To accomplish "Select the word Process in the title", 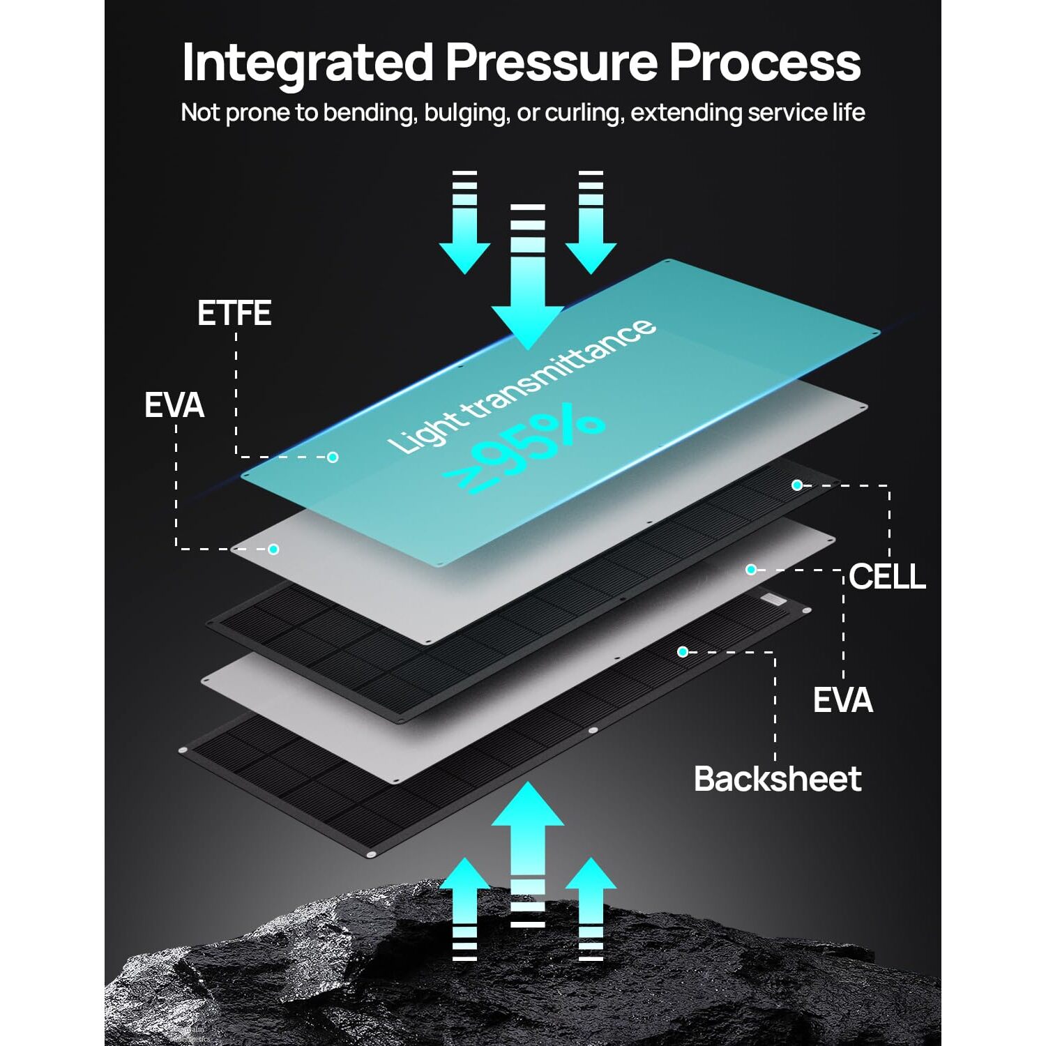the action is (x=765, y=62).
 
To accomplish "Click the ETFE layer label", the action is (x=234, y=313).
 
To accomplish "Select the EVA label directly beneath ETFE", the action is (x=174, y=405).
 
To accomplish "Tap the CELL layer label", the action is (x=888, y=577).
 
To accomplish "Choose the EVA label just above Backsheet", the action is (x=842, y=700).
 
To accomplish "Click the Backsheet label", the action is (x=778, y=779).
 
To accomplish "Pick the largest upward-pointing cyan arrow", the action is (x=528, y=855).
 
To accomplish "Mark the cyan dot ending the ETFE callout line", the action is (x=333, y=457).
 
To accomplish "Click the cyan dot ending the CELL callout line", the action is (x=797, y=485).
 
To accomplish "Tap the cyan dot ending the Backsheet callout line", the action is (x=683, y=651).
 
